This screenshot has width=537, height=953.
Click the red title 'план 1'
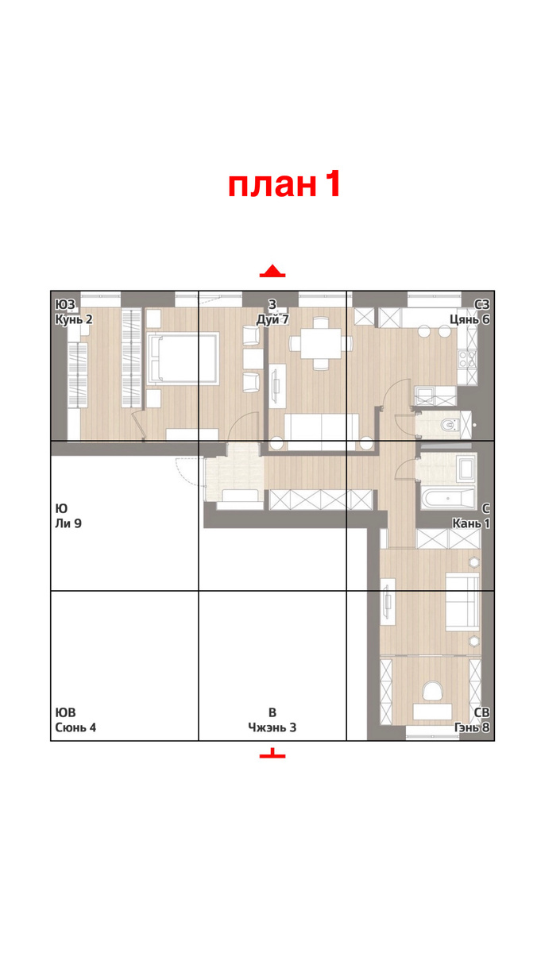(x=284, y=183)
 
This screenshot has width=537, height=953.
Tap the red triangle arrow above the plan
(x=272, y=271)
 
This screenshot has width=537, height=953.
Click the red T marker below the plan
(x=272, y=754)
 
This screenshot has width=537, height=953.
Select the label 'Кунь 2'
(x=74, y=319)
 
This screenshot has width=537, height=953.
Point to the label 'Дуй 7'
(x=272, y=319)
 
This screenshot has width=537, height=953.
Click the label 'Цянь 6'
(x=469, y=319)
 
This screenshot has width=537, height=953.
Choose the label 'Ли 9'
(x=68, y=523)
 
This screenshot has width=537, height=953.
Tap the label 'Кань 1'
(x=471, y=523)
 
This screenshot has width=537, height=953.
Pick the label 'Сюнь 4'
(x=75, y=727)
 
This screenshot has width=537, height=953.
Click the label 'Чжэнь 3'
(x=272, y=727)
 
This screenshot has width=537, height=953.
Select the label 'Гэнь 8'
(x=472, y=727)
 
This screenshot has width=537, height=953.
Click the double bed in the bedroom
(x=183, y=358)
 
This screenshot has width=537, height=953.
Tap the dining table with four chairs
(x=320, y=343)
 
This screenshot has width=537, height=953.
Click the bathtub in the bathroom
(x=448, y=498)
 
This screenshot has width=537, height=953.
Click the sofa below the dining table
(x=321, y=432)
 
